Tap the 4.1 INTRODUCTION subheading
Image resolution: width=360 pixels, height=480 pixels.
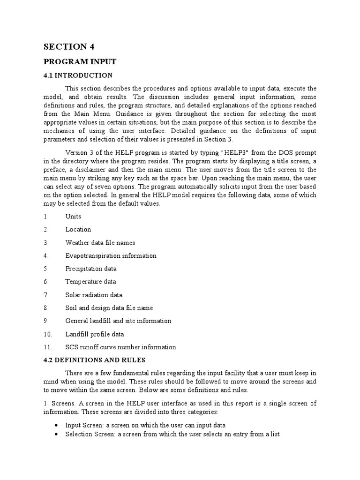78,75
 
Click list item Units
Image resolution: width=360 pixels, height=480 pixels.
73,217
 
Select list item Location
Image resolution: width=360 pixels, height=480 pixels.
78,230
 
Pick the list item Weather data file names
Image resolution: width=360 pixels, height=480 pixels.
100,243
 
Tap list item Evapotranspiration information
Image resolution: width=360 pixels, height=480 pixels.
111,256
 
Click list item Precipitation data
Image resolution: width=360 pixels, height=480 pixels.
91,269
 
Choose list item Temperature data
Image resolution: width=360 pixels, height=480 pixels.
90,282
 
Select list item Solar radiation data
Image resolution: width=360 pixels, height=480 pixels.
94,295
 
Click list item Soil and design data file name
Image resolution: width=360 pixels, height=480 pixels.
109,308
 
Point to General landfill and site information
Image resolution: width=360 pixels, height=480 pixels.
119,321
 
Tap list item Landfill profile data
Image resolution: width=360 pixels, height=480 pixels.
95,334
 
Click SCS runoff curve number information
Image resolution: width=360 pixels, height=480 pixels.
121,347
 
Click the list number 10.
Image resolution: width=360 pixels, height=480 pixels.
47,334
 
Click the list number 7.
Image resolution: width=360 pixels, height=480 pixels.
46,295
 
